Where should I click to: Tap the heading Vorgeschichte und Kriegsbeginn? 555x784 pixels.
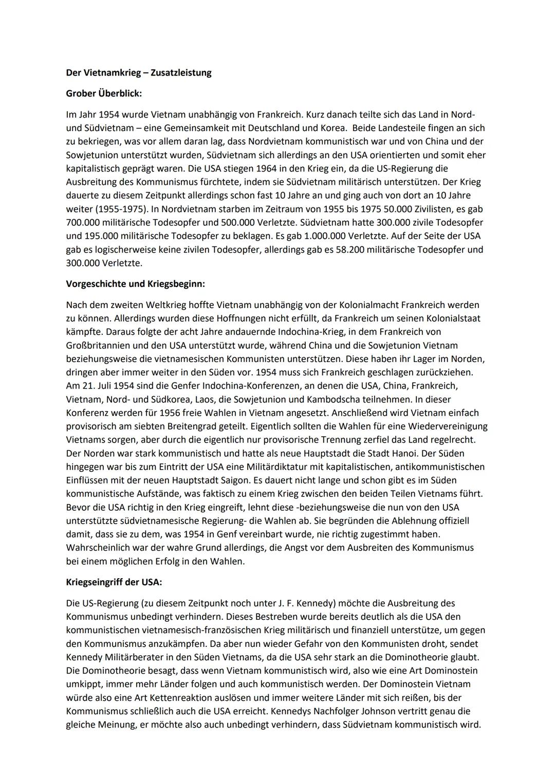[x=135, y=283]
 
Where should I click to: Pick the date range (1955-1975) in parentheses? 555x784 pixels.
[x=116, y=209]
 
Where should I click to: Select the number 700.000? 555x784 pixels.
[x=84, y=222]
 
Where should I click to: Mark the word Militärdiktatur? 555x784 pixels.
[x=289, y=467]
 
